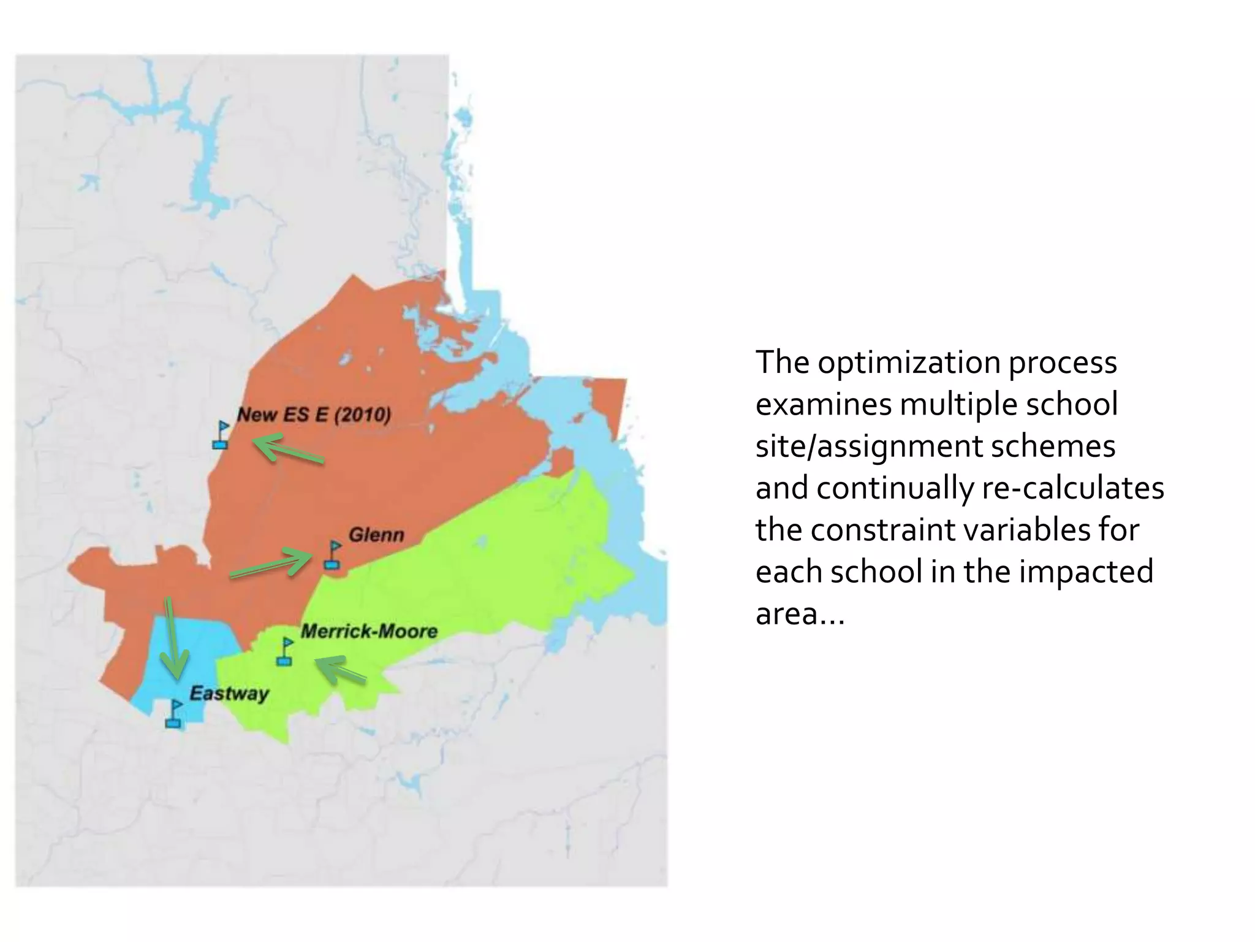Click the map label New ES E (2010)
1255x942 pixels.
coord(314,415)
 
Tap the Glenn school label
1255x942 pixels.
coord(376,535)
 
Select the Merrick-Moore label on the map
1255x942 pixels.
coord(369,631)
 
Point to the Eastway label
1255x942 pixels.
coord(229,694)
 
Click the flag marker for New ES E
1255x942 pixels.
coord(221,435)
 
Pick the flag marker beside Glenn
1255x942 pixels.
coord(333,555)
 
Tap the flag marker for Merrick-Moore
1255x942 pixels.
coord(285,651)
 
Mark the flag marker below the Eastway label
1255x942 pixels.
coord(174,714)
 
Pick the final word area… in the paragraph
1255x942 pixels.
coord(800,614)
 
